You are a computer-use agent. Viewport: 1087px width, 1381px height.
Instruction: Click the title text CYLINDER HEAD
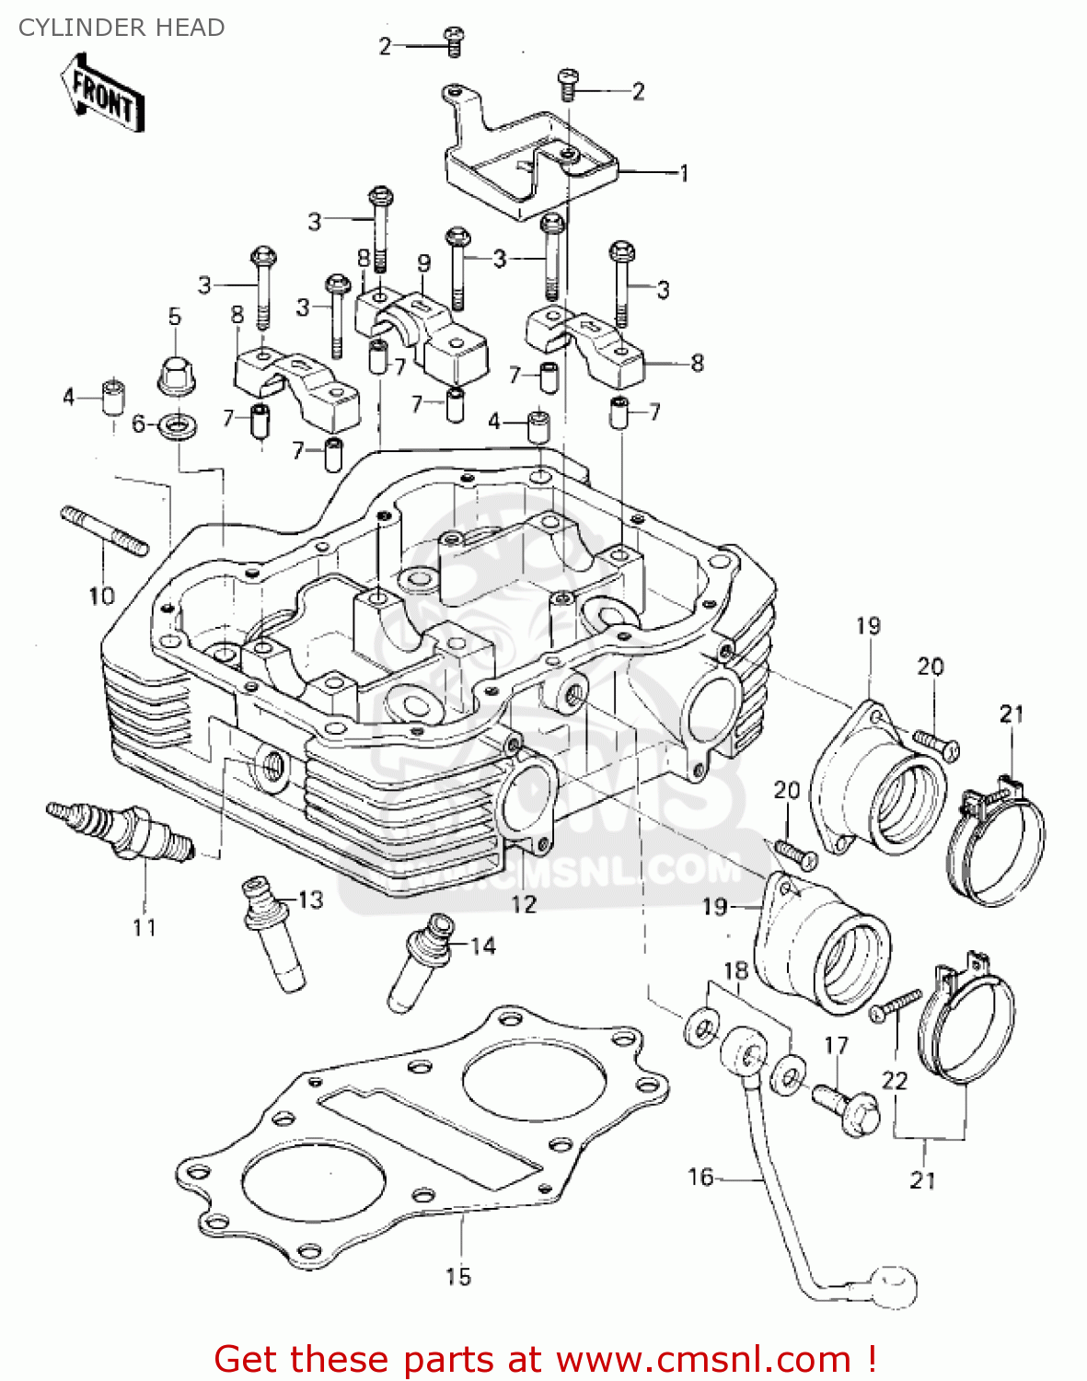(x=121, y=28)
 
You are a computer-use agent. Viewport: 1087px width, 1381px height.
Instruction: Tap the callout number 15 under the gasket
(x=458, y=1276)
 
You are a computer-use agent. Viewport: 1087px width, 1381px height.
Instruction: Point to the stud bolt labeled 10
(x=104, y=532)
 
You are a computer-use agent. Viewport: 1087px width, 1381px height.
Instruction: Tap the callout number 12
(x=524, y=904)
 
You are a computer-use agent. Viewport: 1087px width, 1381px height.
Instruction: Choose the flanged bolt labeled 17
(x=845, y=1108)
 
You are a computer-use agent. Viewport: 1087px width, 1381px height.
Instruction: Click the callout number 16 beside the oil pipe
(x=700, y=1177)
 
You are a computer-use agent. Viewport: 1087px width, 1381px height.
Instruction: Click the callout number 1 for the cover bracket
(x=684, y=172)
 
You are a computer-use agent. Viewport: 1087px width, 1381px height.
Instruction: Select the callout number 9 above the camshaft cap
(x=423, y=263)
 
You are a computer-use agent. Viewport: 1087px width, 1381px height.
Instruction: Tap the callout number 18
(x=735, y=970)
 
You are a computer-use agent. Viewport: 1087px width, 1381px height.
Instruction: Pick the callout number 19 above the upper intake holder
(x=868, y=626)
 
